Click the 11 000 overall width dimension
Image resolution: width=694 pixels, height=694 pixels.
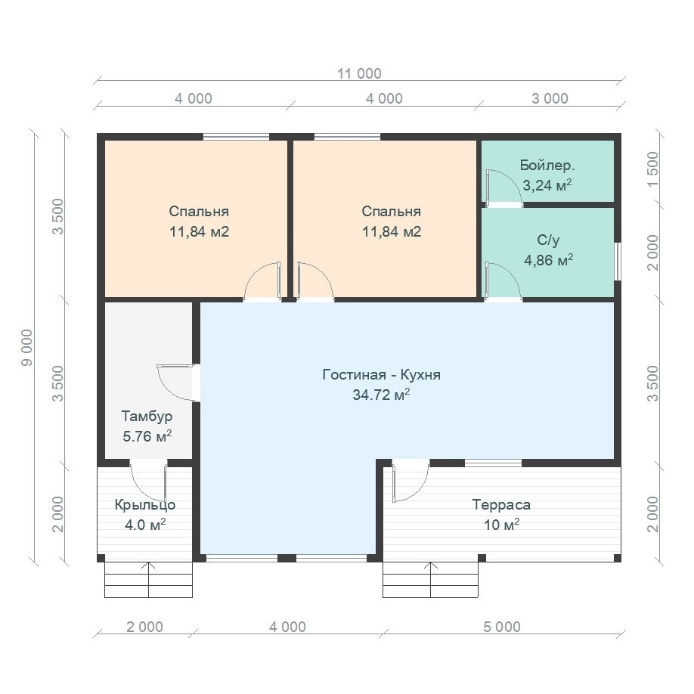359,73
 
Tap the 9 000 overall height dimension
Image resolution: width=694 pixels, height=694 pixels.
27,348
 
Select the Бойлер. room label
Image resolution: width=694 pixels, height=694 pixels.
547,166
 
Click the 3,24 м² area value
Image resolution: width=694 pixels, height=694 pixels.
547,185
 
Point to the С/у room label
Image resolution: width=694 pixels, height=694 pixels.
548,240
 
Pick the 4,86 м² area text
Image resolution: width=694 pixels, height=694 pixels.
548,260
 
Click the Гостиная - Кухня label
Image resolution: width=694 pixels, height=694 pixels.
382,375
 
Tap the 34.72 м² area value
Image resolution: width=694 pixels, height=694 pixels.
381,395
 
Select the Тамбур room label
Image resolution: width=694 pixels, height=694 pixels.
147,417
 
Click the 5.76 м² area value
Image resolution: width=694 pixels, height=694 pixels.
147,436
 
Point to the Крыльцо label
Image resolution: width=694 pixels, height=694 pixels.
145,505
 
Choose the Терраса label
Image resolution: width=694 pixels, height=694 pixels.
501,505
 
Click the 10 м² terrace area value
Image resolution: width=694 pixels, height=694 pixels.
501,525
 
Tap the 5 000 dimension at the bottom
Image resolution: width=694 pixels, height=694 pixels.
502,627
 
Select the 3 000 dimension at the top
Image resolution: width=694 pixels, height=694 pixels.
550,98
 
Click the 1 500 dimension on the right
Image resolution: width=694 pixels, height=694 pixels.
653,169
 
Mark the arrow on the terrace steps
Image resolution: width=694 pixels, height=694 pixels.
431,579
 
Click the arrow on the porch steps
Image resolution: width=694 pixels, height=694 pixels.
149,579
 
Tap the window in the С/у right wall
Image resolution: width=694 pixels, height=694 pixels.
618,261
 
